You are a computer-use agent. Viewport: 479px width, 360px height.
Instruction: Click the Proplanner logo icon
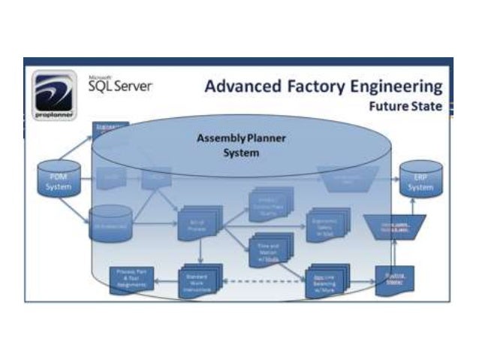click(53, 93)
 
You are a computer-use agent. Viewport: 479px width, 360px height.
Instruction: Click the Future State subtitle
click(405, 106)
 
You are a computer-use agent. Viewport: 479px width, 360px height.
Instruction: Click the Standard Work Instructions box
click(199, 280)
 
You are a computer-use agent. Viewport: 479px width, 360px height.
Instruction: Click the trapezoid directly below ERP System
click(393, 225)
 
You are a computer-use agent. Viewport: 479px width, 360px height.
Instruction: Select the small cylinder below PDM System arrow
click(111, 223)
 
